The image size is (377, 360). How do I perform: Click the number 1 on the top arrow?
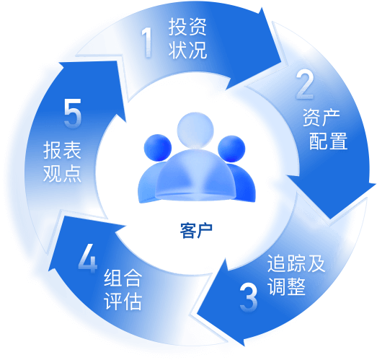147,42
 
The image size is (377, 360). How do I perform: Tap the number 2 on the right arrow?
305,84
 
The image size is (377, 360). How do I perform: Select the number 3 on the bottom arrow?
249,298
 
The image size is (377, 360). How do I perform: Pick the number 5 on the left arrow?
73,113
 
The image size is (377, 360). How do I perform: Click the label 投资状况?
187,38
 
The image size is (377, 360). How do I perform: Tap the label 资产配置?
325,129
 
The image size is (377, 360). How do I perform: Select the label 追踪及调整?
296,275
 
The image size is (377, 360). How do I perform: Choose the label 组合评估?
123,289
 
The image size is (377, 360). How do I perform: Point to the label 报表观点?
62,162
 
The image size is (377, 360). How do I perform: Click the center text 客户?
196,231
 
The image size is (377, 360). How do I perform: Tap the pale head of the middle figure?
195,130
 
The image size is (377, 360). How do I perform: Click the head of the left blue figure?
158,148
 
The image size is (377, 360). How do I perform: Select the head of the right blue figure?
231,149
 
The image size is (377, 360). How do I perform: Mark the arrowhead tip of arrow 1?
281,63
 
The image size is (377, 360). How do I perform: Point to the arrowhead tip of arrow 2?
331,219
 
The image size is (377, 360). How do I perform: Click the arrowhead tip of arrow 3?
198,313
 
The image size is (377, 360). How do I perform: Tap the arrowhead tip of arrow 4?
49,270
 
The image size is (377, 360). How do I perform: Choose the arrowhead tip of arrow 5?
60,63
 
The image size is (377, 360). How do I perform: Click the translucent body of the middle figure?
195,175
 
